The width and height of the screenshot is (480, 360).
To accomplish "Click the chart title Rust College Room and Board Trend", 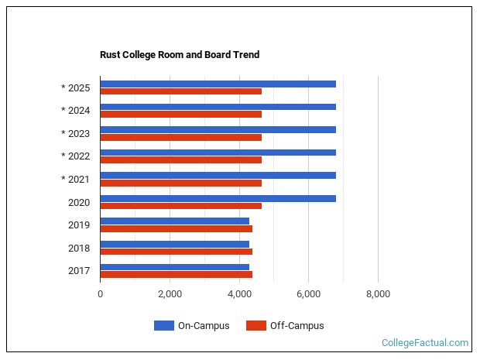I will coord(180,55).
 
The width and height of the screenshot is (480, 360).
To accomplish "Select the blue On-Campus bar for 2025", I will coord(218,84).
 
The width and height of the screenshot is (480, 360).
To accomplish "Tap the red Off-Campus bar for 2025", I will coord(180,91).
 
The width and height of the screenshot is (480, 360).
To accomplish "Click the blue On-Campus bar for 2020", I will coord(218,198).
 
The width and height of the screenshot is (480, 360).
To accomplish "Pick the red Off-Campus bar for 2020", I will coord(180,206).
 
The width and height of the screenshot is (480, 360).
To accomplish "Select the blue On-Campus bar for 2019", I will coord(174,221).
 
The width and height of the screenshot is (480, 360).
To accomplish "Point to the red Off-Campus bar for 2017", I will coord(176,274).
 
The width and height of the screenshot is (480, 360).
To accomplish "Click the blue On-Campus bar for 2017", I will coord(174,267).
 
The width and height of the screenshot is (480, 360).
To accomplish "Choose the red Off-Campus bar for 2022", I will coord(180,160).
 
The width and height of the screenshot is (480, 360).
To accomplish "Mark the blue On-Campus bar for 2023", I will coord(218,129).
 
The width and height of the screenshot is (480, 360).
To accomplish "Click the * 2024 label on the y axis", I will coord(76,111).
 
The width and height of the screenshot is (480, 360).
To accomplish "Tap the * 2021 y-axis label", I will coord(76,180).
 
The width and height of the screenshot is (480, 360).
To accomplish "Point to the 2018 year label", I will coord(79,249).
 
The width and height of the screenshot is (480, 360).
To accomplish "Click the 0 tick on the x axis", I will coord(100,294).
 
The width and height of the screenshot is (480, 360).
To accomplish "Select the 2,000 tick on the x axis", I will coord(170,294).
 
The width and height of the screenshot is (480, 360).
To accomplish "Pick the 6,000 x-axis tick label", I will coord(308,294).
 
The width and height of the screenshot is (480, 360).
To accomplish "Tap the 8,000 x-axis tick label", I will coord(378,294).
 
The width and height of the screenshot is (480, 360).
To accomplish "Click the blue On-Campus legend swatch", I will coord(163,326).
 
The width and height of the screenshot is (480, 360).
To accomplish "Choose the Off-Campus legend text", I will coord(297,326).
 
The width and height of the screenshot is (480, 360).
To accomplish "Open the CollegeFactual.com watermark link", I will coord(425,343).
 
